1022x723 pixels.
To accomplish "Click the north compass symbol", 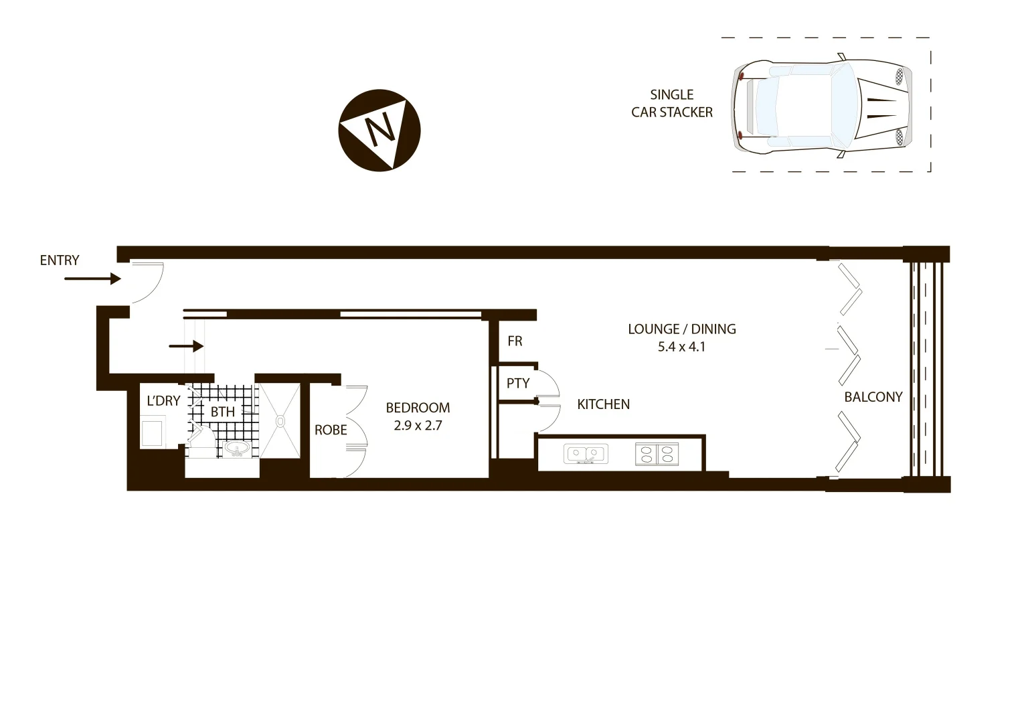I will tap(379, 130).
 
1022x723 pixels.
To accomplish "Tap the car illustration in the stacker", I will tap(823, 105).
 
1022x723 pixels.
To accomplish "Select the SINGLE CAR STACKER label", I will tap(671, 104).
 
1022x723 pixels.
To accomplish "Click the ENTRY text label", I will tap(60, 260).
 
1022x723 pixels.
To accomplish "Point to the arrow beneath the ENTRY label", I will tap(92, 278).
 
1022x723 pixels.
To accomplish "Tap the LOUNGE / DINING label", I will tap(681, 329).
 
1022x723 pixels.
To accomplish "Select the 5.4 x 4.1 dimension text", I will tap(681, 347).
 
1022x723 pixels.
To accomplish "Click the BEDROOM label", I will tap(418, 408).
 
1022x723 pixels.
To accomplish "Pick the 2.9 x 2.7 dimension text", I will tap(418, 425).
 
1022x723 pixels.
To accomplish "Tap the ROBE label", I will tap(331, 430).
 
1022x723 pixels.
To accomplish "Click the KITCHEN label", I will tap(603, 404).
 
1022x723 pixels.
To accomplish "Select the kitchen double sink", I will tap(586, 455).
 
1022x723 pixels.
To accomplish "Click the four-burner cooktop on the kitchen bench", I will tap(656, 455).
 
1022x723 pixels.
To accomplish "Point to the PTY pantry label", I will tap(518, 383).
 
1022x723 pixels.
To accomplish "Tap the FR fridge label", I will tap(515, 341).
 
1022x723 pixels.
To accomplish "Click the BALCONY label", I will tap(873, 397).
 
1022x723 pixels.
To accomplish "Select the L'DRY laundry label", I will tap(163, 401).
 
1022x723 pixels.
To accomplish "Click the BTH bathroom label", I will tap(223, 411).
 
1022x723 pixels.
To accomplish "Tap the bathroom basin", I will tap(236, 448).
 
